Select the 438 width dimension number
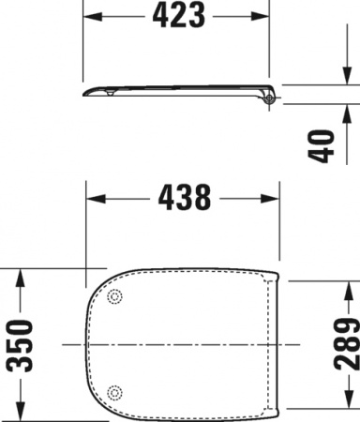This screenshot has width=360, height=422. (185, 197)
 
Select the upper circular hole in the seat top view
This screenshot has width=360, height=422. (115, 297)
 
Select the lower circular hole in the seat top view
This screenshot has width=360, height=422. (115, 391)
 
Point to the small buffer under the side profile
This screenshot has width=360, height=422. (112, 93)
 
